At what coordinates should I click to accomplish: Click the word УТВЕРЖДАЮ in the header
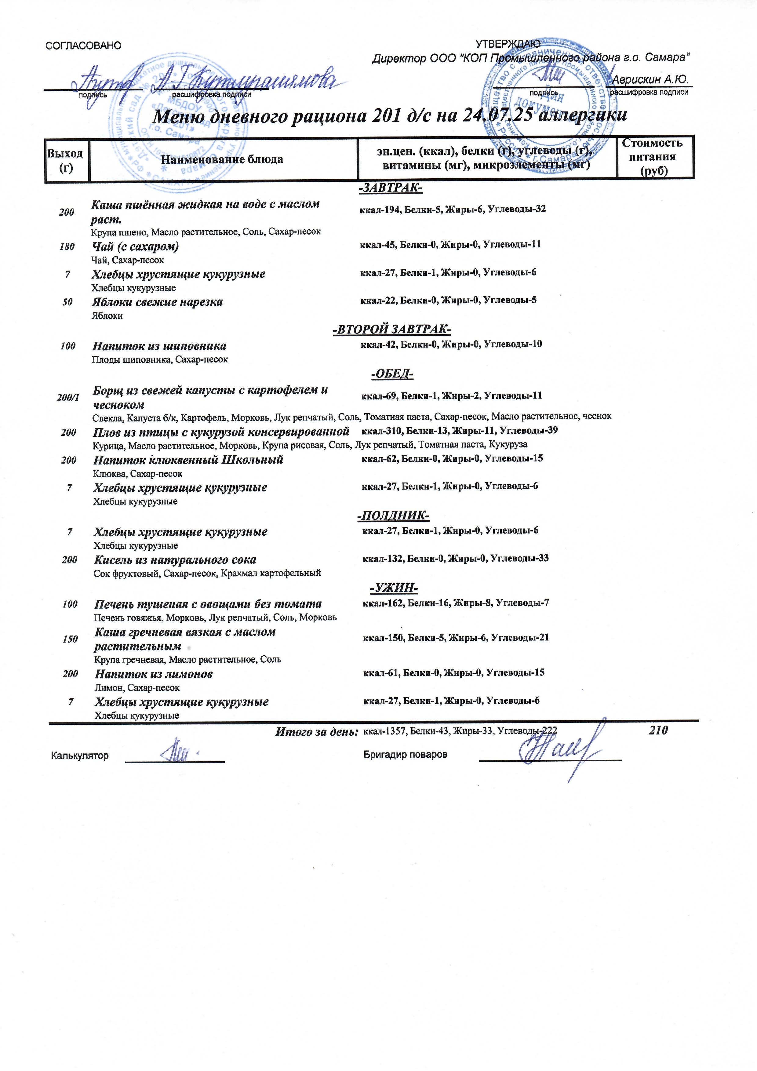508,44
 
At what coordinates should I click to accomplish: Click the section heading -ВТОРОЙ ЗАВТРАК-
392,330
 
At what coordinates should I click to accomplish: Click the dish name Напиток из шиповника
159,346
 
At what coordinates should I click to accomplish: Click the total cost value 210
658,730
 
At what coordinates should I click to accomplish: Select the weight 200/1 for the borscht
68,397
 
